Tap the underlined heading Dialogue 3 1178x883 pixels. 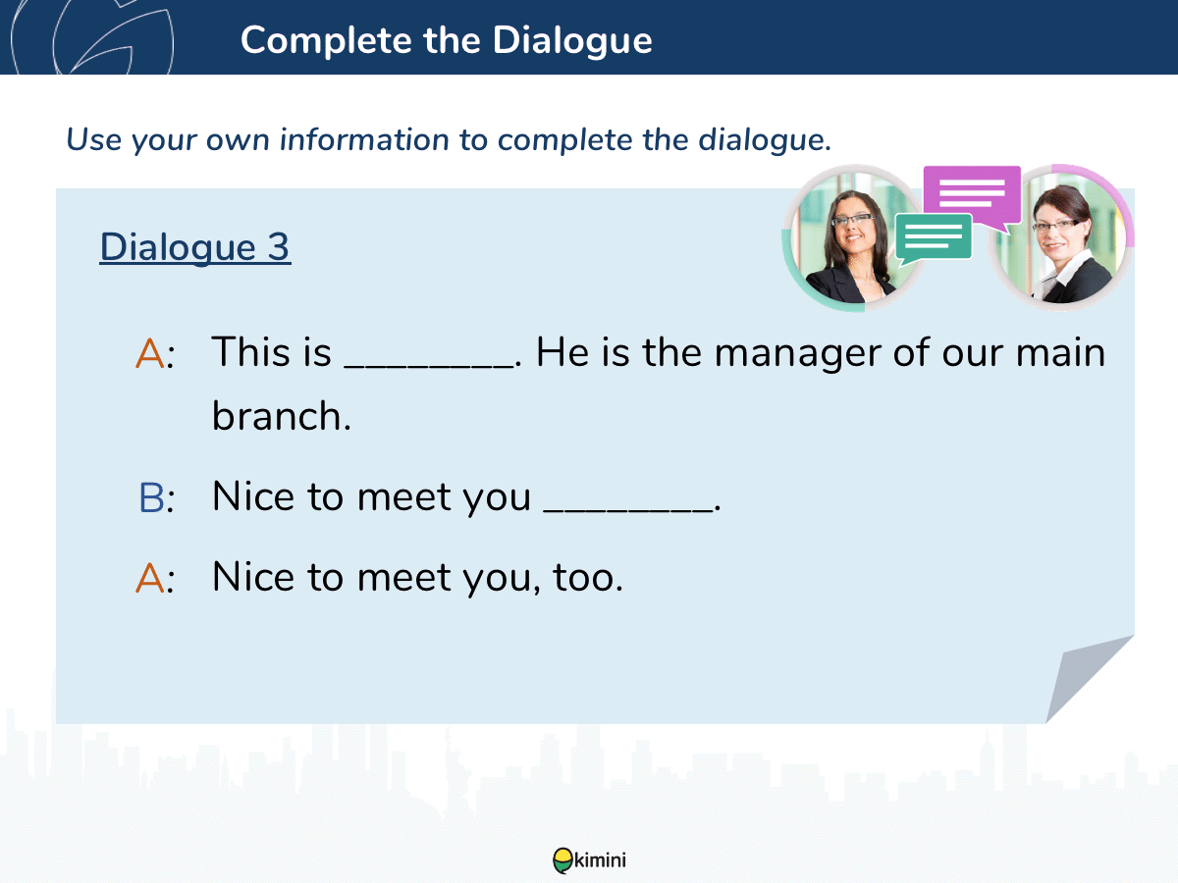tap(195, 246)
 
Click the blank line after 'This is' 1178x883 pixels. tap(428, 365)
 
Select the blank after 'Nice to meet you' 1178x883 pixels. tap(628, 509)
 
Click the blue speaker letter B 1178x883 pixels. tap(151, 498)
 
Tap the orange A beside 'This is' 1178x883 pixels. tap(150, 354)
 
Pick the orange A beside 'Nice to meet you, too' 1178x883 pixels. tap(150, 579)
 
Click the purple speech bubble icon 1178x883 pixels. tap(972, 198)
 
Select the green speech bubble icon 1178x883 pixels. tap(934, 238)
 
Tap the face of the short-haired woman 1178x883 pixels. tap(1056, 232)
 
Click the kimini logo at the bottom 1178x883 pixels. tap(589, 860)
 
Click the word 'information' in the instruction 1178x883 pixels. tap(364, 140)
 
